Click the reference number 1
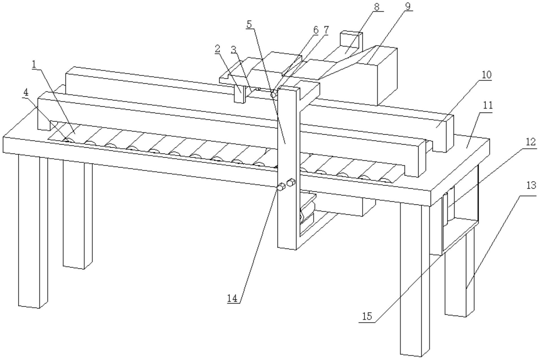(x=34, y=64)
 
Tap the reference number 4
(x=26, y=92)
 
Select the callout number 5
(x=249, y=24)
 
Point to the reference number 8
(x=377, y=7)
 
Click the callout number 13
(x=531, y=186)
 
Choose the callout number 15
(x=367, y=316)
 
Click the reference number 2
(x=217, y=49)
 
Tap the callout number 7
(x=326, y=30)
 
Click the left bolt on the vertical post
(x=281, y=187)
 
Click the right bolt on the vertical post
(x=291, y=182)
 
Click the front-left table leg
(x=33, y=231)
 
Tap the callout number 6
(x=316, y=30)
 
